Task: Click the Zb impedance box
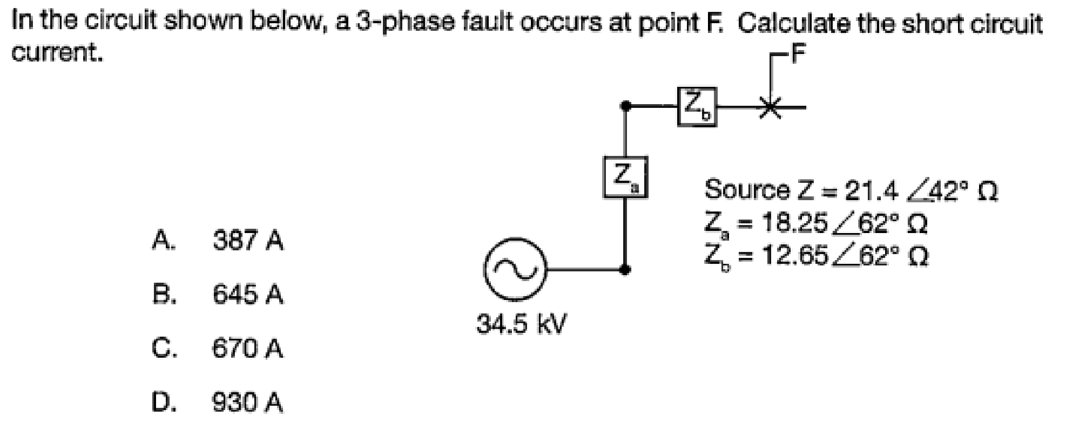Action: pyautogui.click(x=697, y=107)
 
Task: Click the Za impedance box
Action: pyautogui.click(x=625, y=177)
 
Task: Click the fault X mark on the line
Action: pyautogui.click(x=771, y=106)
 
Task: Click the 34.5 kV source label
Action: pyautogui.click(x=521, y=325)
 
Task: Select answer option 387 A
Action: pyautogui.click(x=248, y=241)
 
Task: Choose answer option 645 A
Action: pyautogui.click(x=248, y=295)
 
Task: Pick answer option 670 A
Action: pyautogui.click(x=248, y=349)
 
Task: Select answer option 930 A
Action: pyautogui.click(x=248, y=402)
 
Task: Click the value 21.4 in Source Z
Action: pyautogui.click(x=871, y=190)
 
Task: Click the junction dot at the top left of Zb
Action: pyautogui.click(x=625, y=106)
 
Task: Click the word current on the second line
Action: pyautogui.click(x=57, y=53)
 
